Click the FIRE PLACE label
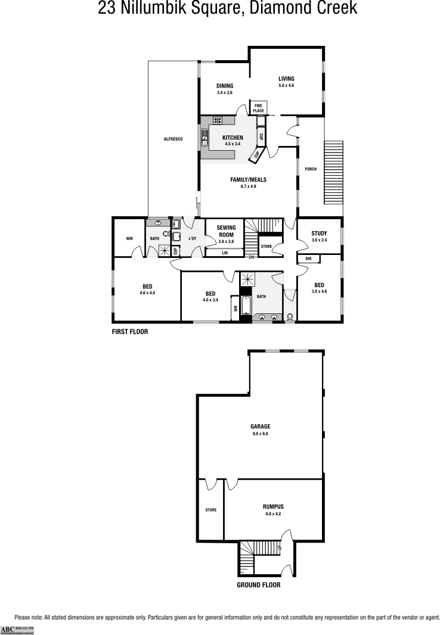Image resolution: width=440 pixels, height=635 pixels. click(258, 108)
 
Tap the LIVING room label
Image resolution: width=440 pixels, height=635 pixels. click(286, 79)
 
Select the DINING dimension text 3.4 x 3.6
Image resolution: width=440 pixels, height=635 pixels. click(225, 93)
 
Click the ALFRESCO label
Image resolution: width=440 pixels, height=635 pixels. click(173, 139)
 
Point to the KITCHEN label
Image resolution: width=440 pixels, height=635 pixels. click(233, 138)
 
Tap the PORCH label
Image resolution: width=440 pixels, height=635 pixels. click(311, 169)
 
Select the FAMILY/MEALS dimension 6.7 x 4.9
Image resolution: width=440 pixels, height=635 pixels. click(248, 186)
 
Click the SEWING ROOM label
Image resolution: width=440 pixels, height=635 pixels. click(226, 231)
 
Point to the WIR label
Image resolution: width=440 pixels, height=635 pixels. click(129, 239)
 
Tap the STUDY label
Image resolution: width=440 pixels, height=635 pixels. click(320, 233)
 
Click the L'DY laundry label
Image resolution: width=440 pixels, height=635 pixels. click(193, 239)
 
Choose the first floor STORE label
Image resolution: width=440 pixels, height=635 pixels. click(267, 246)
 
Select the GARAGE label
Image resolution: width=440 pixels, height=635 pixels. click(261, 427)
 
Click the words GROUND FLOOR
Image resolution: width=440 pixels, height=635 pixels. click(259, 585)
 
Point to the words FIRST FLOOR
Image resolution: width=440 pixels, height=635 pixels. click(130, 332)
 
